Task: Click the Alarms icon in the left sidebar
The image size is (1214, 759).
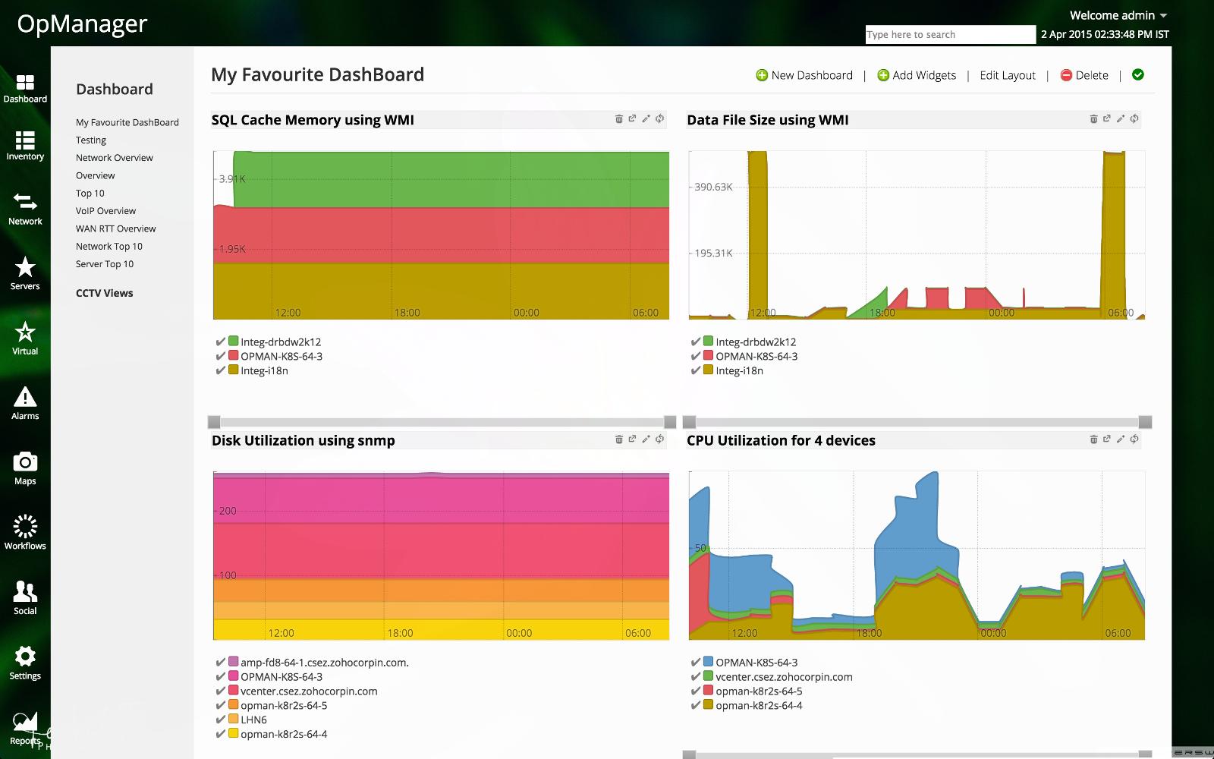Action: point(25,402)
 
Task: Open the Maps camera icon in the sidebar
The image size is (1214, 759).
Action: point(25,468)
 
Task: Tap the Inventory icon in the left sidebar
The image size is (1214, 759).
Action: point(25,145)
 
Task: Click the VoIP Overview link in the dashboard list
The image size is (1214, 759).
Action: point(105,211)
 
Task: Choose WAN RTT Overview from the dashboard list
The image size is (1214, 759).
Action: point(115,228)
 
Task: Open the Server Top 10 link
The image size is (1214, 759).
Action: point(104,264)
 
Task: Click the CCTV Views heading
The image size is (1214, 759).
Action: point(104,293)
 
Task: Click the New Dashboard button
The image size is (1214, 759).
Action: point(804,75)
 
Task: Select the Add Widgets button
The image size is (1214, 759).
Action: point(917,75)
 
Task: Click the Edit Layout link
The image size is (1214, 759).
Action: point(1007,75)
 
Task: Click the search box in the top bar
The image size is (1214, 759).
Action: point(950,35)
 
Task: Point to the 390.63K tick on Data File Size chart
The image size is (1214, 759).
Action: point(713,187)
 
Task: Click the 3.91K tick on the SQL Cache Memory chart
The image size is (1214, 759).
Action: point(231,179)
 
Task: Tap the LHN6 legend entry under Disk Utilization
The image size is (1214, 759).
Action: point(253,720)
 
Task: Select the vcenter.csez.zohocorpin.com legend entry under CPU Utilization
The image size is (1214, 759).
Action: point(784,677)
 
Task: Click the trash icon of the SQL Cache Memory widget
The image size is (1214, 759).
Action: point(618,119)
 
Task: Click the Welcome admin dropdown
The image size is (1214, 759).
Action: point(1118,15)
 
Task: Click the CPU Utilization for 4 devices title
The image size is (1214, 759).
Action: point(781,440)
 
